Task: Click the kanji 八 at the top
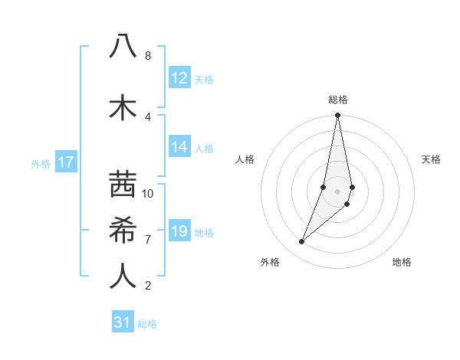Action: point(123,47)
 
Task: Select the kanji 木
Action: point(123,108)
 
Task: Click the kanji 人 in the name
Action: point(123,277)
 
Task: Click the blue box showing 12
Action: point(179,78)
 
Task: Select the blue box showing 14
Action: point(179,147)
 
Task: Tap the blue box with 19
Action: point(179,231)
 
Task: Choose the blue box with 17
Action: point(66,162)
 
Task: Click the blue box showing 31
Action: point(123,322)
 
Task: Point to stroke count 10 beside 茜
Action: point(148,194)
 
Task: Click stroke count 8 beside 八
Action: point(148,56)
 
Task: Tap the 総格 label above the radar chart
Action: point(338,100)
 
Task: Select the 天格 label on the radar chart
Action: point(432,159)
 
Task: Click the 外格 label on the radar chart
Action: point(270,262)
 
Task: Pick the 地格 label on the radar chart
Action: point(402,262)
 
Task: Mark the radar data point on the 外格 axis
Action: point(301,242)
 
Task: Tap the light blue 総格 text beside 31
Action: point(147,324)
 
